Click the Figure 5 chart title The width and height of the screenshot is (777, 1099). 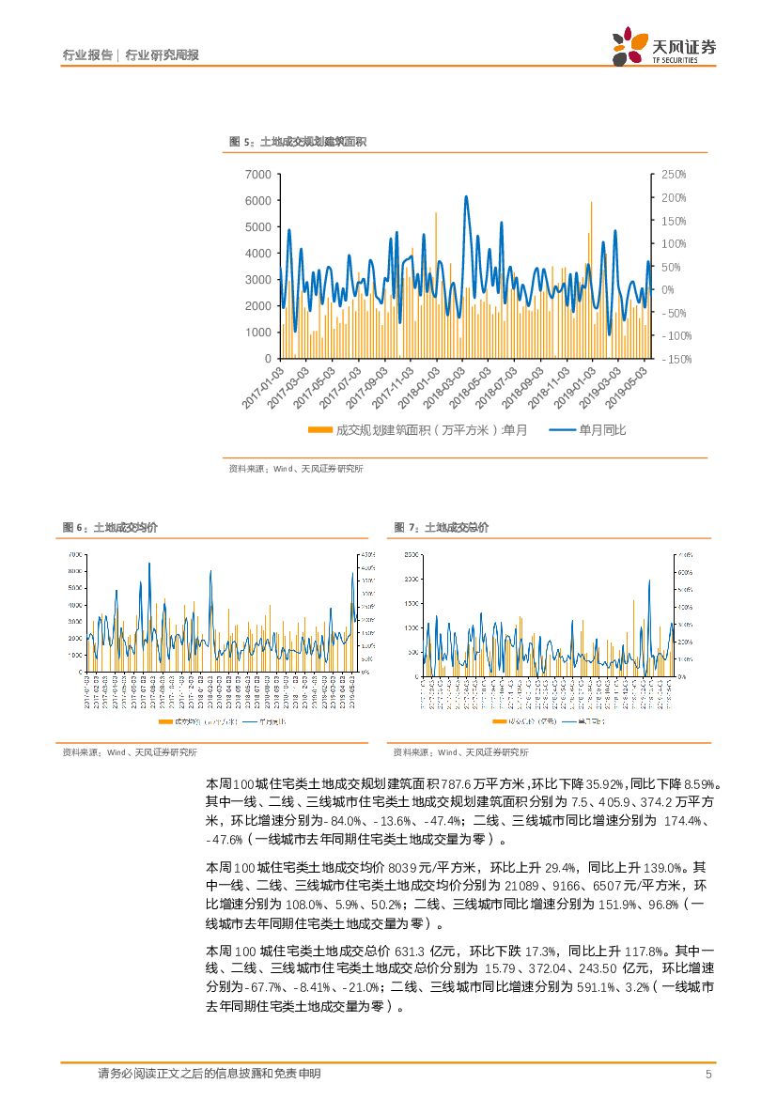(298, 142)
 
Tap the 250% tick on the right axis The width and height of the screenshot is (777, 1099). (675, 175)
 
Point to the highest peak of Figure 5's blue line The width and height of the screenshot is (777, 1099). (466, 196)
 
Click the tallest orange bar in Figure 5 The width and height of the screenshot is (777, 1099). (591, 202)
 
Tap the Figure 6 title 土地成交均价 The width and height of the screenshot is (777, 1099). (110, 528)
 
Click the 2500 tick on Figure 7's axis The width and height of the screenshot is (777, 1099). (412, 555)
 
